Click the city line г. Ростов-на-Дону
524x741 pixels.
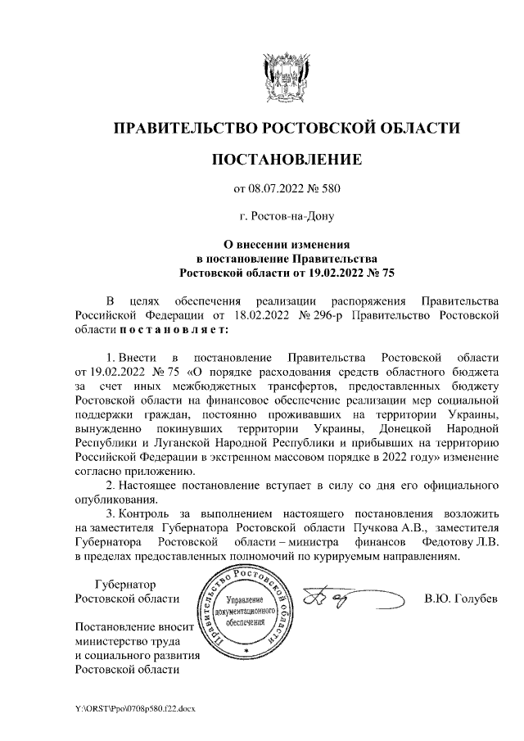[287, 217]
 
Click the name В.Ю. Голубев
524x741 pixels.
[461, 599]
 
